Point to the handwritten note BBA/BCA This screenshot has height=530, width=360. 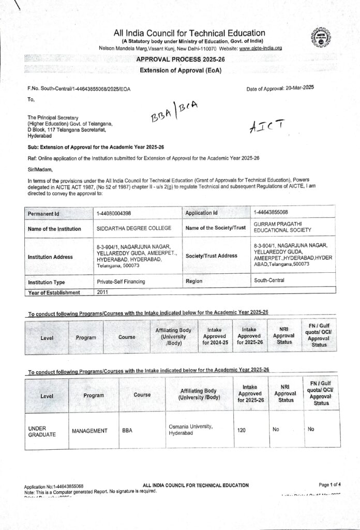[x=174, y=110]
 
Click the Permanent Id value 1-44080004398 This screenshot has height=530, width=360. [x=117, y=213]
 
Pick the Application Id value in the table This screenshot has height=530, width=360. [x=271, y=212]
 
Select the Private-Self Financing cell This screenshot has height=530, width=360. [x=121, y=282]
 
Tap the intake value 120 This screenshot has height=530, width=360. [x=242, y=430]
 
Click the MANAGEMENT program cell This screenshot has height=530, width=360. [x=89, y=431]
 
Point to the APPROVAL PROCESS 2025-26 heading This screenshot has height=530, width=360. [x=178, y=60]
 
